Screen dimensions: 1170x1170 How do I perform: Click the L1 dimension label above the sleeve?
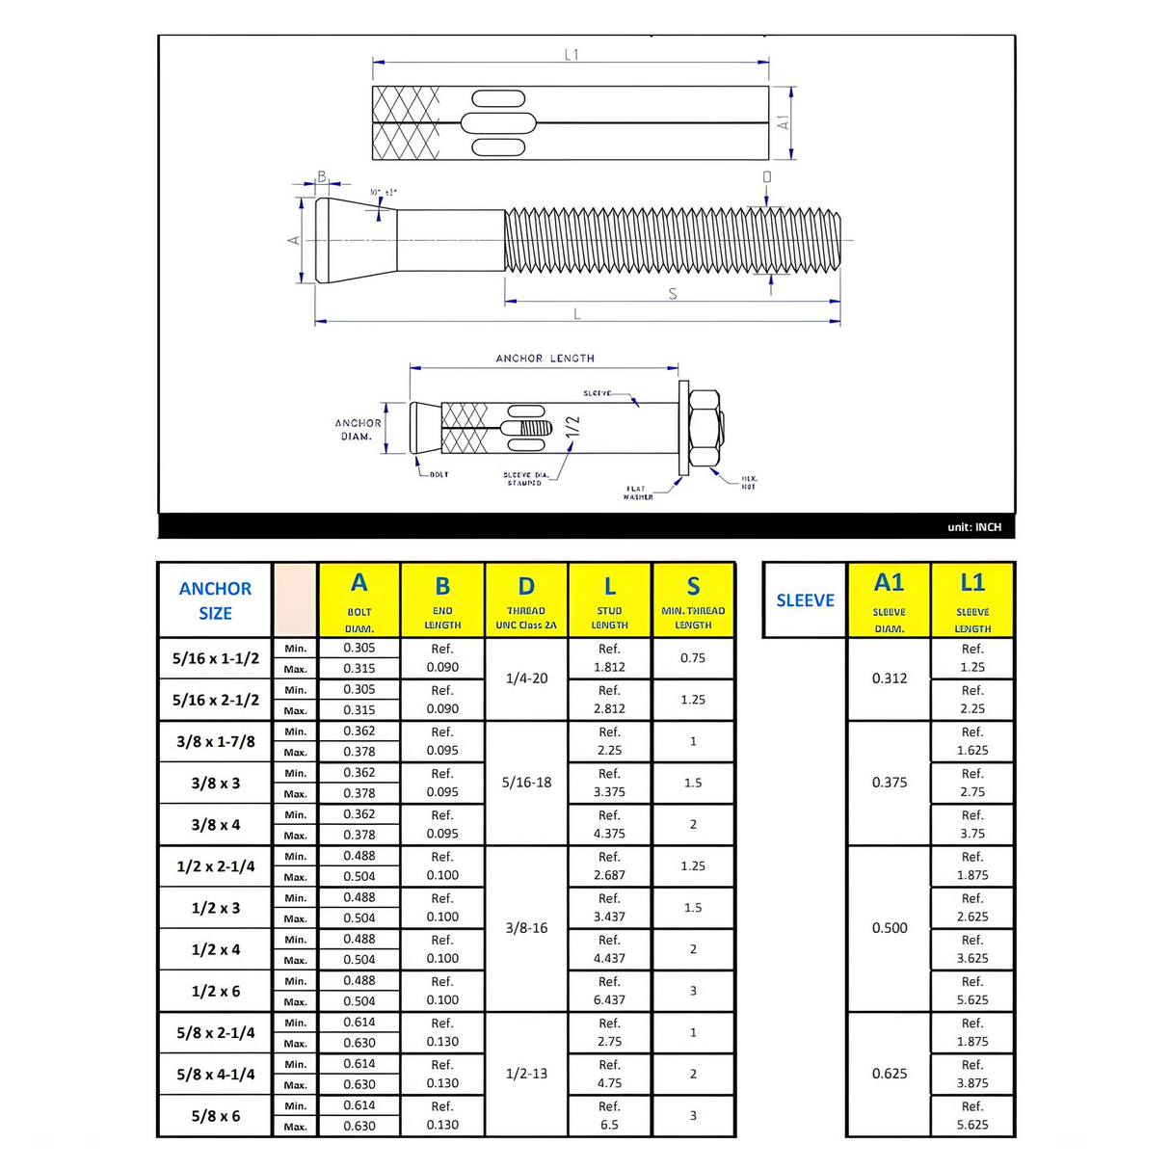tap(572, 55)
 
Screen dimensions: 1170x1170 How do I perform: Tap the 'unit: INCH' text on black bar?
tap(973, 527)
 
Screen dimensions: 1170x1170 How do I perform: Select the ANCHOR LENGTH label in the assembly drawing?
tap(545, 359)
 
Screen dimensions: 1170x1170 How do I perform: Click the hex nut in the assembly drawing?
tap(706, 429)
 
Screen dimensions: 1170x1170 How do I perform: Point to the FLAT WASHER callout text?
tap(637, 492)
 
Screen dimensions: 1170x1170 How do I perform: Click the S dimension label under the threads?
tap(673, 294)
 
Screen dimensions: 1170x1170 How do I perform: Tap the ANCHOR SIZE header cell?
tap(215, 600)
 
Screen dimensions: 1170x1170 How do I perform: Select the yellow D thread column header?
tap(526, 600)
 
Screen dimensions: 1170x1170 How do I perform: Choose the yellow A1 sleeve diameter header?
tap(889, 600)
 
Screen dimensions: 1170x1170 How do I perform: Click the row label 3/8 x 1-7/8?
tap(216, 742)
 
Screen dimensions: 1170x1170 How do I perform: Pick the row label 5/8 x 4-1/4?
tap(216, 1075)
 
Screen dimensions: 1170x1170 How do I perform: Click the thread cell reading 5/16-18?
tap(526, 783)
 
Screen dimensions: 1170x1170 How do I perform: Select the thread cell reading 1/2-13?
tap(526, 1074)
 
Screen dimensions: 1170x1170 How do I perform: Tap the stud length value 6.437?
tap(609, 1000)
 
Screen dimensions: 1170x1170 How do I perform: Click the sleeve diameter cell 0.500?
tap(889, 928)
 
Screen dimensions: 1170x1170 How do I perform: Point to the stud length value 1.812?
tap(609, 667)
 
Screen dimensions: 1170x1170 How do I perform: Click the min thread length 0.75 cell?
tap(693, 658)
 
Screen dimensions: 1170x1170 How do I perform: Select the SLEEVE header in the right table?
tap(805, 600)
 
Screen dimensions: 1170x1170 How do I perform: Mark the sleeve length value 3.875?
tap(972, 1083)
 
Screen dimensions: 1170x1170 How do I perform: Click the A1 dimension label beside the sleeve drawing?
tap(784, 123)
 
